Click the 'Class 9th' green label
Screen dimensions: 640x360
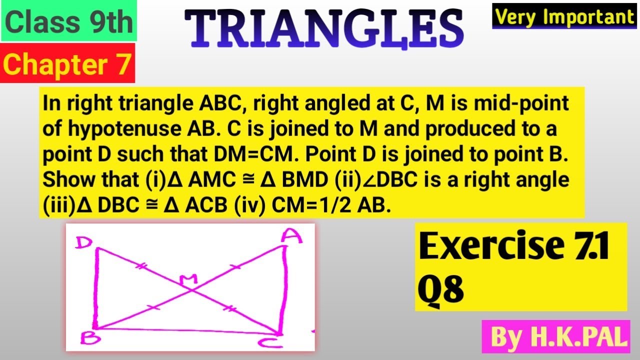coord(69,20)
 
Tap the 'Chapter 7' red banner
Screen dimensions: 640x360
coord(67,63)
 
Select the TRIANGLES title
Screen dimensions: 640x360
coord(324,28)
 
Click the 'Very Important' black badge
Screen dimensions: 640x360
coord(564,16)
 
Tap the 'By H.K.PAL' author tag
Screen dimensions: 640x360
coord(555,336)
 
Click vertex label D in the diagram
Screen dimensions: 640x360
coord(83,243)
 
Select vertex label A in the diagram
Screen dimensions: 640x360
coord(291,236)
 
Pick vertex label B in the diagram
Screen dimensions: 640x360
coord(90,338)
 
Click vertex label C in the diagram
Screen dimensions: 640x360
coord(270,342)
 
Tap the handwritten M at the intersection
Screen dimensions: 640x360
coord(188,279)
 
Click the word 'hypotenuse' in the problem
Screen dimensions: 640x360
coord(124,129)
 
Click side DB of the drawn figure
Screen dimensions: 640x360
coord(96,288)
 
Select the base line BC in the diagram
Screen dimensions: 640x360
coord(187,330)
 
